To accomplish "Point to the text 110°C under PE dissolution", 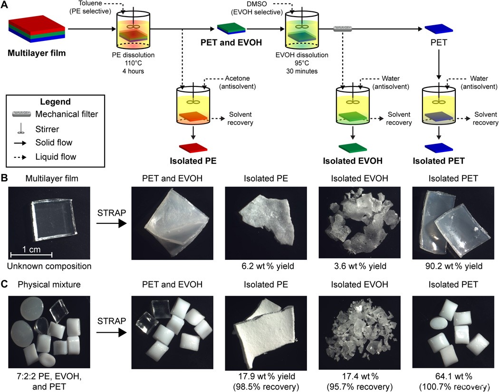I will pos(133,63).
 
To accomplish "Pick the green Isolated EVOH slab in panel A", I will pos(353,148).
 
